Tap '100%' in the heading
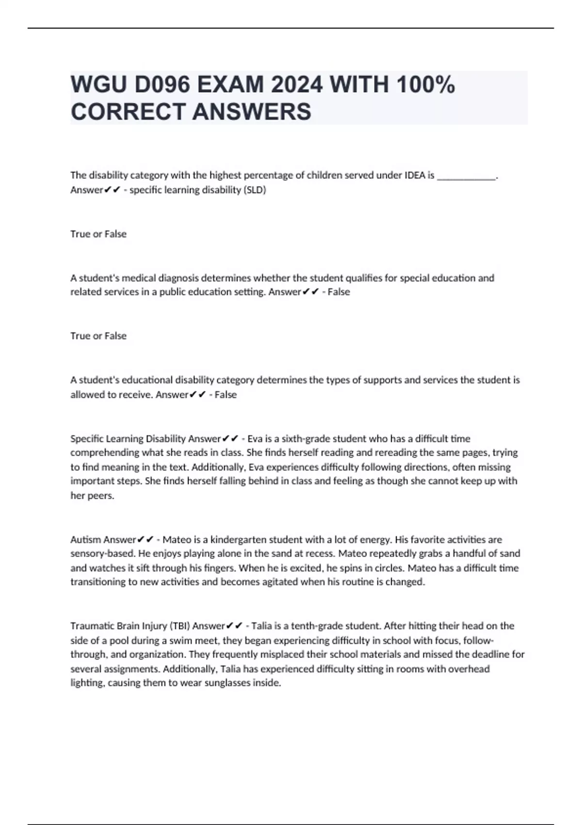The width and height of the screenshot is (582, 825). pos(425,85)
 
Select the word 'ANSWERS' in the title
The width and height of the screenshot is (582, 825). pos(252,112)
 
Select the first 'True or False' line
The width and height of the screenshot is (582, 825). pos(98,234)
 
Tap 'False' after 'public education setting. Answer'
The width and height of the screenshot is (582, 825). pos(339,292)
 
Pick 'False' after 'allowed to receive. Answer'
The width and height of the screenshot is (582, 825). pos(226,395)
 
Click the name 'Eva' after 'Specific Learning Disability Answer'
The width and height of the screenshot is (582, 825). pos(256,439)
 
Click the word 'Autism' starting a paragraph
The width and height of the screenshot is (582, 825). pos(85,540)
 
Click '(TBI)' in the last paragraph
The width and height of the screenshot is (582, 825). pos(179,626)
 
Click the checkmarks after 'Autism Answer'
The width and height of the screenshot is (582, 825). pos(145,540)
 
